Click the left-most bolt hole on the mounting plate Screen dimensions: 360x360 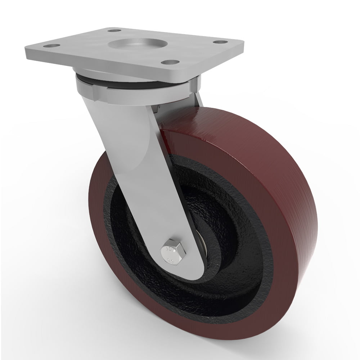click(x=47, y=46)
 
